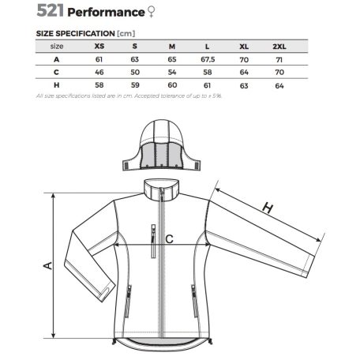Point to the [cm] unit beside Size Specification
click(126, 34)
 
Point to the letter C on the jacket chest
click(168, 238)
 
